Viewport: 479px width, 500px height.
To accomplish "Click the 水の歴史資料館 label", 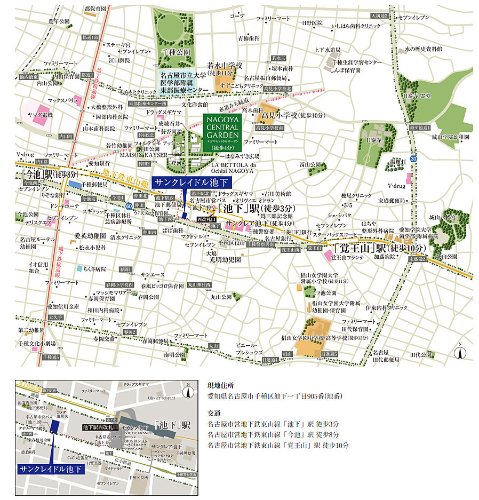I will pos(424,49).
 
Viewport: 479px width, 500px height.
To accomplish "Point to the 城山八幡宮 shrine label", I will pos(443,218).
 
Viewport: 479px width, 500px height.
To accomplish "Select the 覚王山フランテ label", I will pos(347,258).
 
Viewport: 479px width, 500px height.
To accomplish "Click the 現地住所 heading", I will pos(219,385).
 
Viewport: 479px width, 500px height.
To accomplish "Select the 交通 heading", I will pos(213,413).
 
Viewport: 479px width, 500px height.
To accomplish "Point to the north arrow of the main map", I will pos(459,352).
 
